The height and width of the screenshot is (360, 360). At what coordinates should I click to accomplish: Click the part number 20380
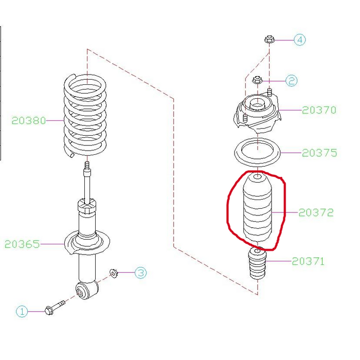(29, 120)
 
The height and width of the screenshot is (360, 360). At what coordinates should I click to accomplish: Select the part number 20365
(22, 244)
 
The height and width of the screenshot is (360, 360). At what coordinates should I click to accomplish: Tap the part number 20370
(319, 110)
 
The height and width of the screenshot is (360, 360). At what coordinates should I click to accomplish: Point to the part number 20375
(319, 153)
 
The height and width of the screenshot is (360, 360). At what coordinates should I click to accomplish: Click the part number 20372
(316, 212)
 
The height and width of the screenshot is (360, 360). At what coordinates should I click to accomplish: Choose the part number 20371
(308, 261)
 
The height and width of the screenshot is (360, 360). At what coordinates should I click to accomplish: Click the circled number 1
(22, 312)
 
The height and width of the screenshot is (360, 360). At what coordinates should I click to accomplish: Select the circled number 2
(292, 81)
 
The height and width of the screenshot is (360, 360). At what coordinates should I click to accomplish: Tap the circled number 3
(140, 273)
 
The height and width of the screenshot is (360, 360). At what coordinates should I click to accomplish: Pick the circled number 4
(300, 40)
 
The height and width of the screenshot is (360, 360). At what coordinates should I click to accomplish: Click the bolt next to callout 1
(55, 308)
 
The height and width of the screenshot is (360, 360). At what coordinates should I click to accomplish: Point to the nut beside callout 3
(114, 273)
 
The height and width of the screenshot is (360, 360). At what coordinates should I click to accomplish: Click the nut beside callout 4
(269, 39)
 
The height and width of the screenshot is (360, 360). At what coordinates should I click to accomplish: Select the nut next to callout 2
(257, 80)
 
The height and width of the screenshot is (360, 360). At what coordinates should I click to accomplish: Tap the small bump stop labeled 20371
(258, 263)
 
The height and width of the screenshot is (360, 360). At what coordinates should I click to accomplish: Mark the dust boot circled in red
(257, 208)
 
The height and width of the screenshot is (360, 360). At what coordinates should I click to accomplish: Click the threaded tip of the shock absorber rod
(87, 165)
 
